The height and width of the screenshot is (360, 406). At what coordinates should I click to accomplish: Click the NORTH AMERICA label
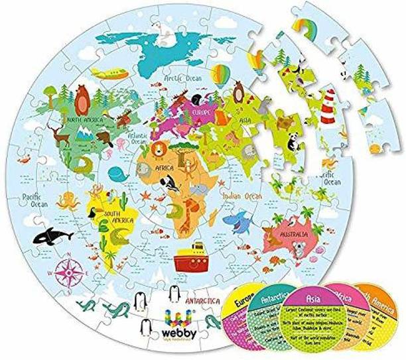point(83,120)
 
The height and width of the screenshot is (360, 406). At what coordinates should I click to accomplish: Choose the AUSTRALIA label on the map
point(293,235)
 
